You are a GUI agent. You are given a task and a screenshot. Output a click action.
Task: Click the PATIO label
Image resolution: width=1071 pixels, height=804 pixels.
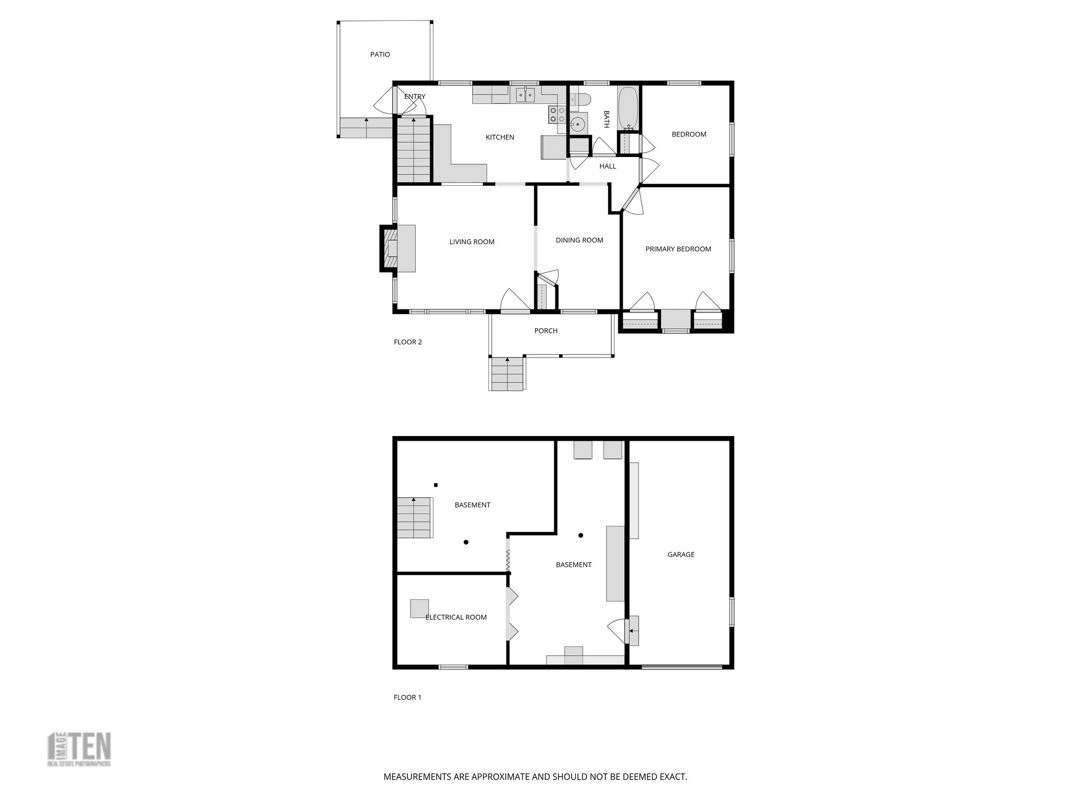(x=380, y=54)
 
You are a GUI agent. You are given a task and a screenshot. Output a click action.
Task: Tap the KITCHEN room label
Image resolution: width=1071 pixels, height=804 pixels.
(x=500, y=137)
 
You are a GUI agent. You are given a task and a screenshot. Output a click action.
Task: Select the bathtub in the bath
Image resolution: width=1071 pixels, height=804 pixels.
(x=628, y=108)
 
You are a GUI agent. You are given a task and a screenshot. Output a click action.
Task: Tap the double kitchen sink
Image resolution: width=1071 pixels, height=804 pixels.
(x=526, y=95)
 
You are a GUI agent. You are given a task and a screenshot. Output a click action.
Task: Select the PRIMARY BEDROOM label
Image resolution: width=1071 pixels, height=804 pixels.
(x=678, y=249)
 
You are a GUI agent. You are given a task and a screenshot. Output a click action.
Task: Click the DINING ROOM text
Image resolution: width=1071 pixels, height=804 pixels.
(x=579, y=240)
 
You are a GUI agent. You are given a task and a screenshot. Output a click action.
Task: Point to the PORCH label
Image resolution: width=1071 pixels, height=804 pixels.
(x=546, y=331)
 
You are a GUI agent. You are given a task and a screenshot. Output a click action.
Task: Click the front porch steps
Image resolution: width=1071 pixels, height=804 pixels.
(x=507, y=374)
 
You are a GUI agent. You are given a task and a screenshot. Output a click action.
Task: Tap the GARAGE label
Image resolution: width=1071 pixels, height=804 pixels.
(x=681, y=554)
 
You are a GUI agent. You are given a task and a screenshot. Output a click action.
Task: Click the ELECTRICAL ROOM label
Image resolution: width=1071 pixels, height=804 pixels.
(x=456, y=617)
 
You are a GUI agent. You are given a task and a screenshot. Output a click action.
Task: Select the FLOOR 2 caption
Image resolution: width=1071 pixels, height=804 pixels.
(x=407, y=342)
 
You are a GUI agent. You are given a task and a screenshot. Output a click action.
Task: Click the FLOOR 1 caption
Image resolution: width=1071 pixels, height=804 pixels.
(x=407, y=697)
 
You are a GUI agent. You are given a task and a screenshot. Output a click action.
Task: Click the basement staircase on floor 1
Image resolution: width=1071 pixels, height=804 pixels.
(x=414, y=518)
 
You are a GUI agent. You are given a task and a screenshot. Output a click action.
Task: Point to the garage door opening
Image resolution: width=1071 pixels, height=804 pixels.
(x=682, y=666)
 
